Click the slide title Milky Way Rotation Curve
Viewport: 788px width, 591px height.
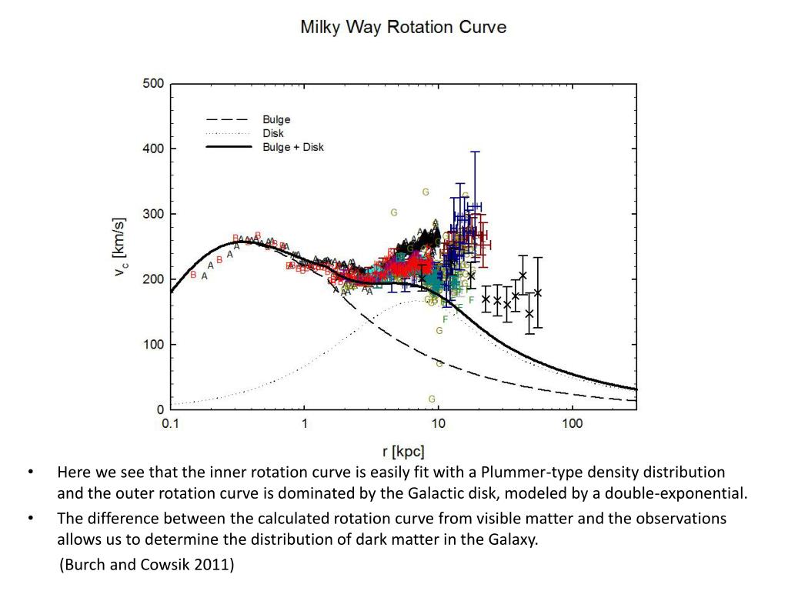[403, 27]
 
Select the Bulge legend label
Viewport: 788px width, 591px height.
[276, 120]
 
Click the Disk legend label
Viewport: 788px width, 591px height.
[273, 133]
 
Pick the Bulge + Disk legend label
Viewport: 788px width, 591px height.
[293, 146]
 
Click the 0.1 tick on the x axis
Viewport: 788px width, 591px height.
[170, 424]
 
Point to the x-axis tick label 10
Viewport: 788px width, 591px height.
[438, 424]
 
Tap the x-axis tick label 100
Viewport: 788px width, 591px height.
[572, 424]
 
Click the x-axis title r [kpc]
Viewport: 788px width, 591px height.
[403, 452]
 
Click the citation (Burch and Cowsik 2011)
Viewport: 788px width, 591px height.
[146, 565]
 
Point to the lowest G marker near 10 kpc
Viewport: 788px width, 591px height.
[432, 399]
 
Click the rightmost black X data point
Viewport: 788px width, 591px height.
[538, 292]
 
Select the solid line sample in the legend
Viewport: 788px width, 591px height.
[229, 146]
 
